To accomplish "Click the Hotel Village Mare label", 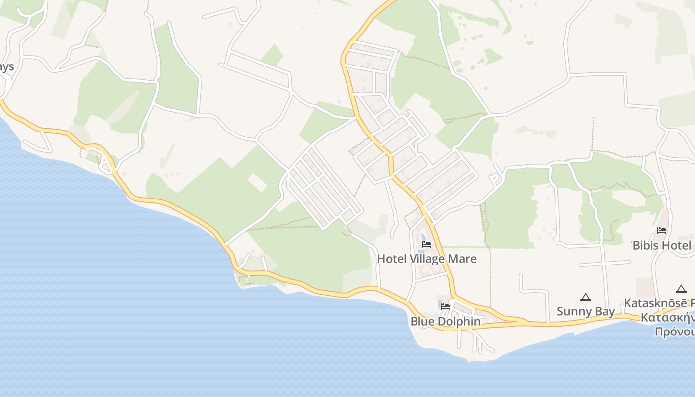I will (x=426, y=259).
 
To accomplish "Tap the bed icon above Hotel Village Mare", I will (x=426, y=244).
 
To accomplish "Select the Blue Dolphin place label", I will (x=445, y=321).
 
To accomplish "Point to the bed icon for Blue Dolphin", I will (x=445, y=307).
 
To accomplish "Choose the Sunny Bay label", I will (x=585, y=311).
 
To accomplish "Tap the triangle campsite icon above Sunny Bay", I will (x=586, y=297).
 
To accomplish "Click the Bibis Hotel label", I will (x=661, y=245).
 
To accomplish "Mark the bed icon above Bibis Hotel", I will (x=662, y=231).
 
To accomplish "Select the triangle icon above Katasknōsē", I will (x=681, y=289).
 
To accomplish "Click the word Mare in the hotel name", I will (x=461, y=259).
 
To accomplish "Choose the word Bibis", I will (x=645, y=245).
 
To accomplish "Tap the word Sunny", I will (x=575, y=311).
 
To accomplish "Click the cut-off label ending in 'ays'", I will (x=6, y=67).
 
